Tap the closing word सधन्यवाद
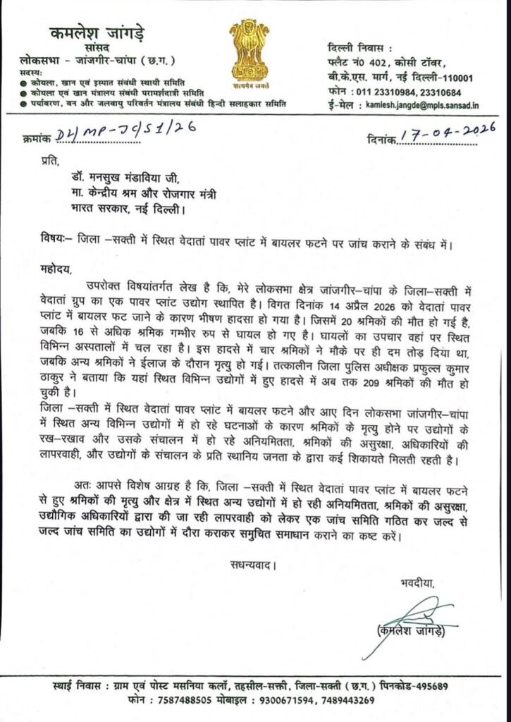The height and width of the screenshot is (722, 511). coord(251,565)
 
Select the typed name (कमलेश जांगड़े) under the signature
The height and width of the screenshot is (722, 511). coord(412,632)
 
